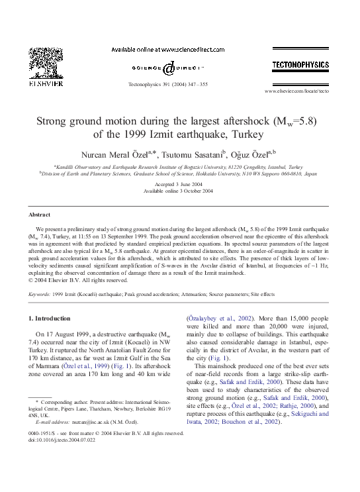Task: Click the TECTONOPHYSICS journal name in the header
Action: pos(300,65)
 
